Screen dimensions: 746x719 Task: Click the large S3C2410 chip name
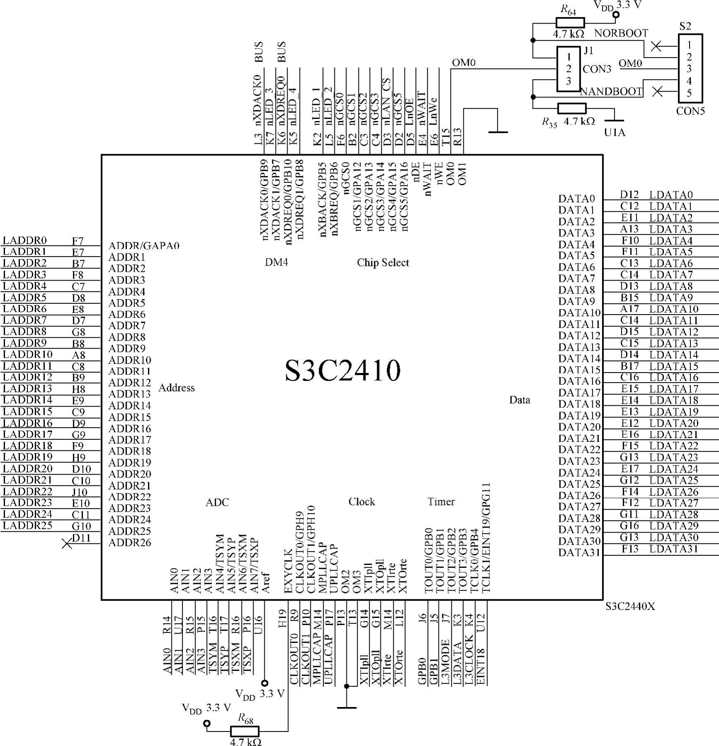(343, 370)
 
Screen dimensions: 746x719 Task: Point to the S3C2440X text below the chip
(630, 606)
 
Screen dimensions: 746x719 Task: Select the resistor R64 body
(570, 23)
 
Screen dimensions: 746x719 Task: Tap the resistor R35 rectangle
(572, 109)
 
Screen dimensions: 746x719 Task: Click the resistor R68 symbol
(245, 731)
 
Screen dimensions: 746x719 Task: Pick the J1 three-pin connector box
(569, 69)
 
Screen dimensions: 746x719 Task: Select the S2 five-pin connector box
(690, 68)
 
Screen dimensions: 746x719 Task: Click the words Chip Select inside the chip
(383, 263)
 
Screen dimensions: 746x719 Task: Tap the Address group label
(177, 388)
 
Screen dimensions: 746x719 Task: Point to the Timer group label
(441, 502)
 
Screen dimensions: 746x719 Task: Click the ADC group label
(217, 502)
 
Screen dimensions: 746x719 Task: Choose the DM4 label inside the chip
(276, 262)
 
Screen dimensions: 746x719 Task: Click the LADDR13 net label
(27, 388)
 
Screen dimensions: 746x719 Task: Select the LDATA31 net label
(673, 549)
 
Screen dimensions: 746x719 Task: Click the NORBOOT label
(621, 33)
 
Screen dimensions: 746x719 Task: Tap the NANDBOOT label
(611, 92)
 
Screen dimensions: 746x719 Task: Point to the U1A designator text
(615, 133)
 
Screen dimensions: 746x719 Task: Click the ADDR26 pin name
(130, 543)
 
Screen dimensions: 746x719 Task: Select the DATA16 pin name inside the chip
(579, 381)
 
